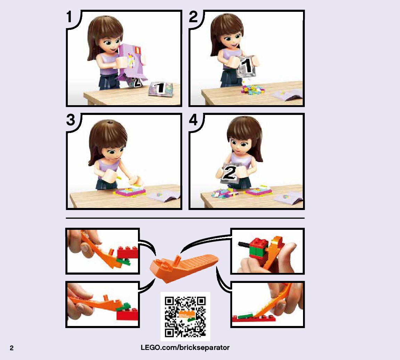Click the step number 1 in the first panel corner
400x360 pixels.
[69, 17]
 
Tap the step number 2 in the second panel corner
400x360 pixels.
[193, 17]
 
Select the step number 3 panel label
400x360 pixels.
[71, 120]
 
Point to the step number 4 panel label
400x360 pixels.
[193, 120]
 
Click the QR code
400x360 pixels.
[185, 317]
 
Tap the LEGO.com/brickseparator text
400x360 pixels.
[185, 348]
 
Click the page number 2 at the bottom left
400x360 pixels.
[11, 348]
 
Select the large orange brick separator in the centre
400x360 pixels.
[184, 268]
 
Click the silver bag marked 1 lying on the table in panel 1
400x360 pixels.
[161, 89]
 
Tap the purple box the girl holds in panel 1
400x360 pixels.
[132, 61]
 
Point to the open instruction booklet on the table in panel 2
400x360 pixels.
[287, 95]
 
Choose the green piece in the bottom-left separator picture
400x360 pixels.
[123, 307]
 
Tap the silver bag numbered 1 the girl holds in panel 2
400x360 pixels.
[246, 66]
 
